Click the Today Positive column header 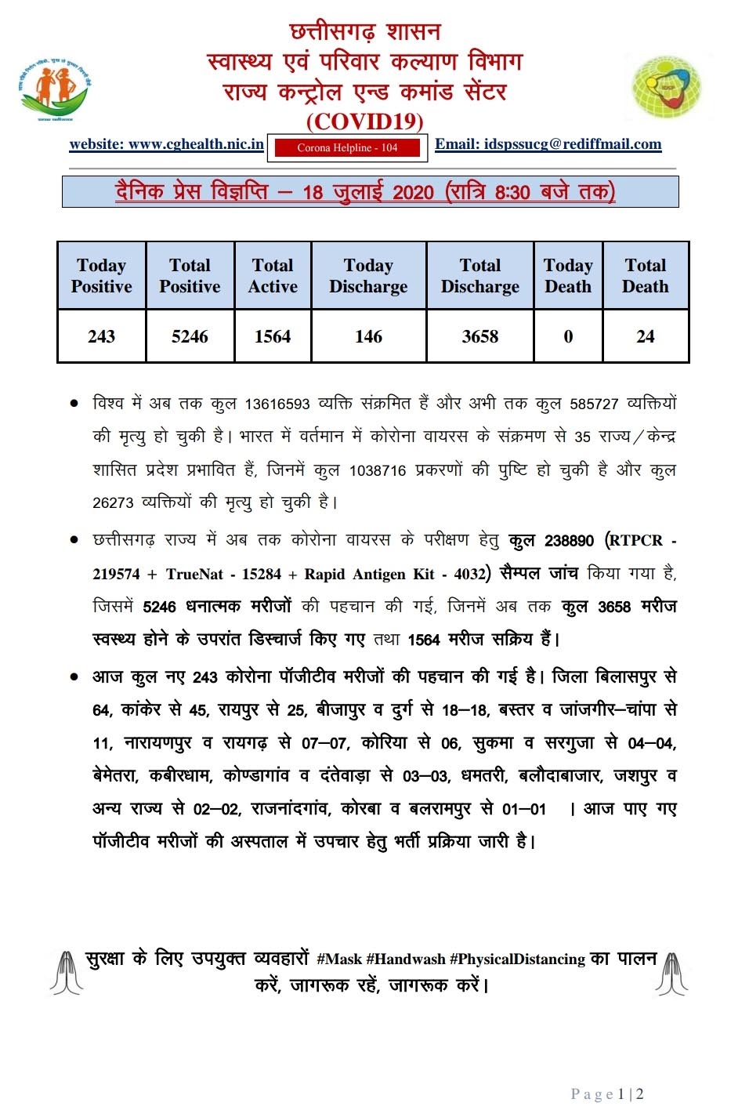pos(101,276)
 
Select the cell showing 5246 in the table pos(190,336)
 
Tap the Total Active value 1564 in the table pos(273,336)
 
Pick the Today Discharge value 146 pos(368,336)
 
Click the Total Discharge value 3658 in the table pos(479,336)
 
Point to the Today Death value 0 pos(568,336)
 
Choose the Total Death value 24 pos(645,336)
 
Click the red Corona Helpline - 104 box pos(347,147)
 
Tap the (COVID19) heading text pos(364,121)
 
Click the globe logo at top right pos(666,86)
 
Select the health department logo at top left pos(55,89)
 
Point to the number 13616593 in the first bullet pos(277,404)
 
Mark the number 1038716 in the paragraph pos(378,471)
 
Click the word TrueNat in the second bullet pos(194,574)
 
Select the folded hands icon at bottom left pos(66,972)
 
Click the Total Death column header pos(645,276)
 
